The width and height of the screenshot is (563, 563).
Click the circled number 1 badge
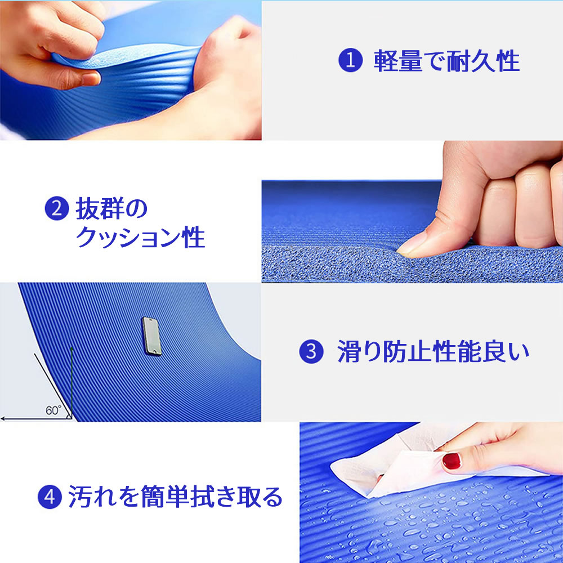coord(350,60)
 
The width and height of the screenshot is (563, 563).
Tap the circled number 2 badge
coord(57,208)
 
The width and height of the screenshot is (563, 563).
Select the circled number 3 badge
coord(311,351)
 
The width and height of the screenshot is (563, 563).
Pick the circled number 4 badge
coord(50,497)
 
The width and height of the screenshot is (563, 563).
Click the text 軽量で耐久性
coord(446,61)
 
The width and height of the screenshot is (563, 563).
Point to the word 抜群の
coord(111,208)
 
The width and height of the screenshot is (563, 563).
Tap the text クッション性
coord(140,237)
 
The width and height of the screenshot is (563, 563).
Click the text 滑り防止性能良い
coord(434,351)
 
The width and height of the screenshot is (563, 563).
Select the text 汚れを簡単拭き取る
coord(175,497)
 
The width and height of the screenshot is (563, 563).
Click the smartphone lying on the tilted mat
coord(152,337)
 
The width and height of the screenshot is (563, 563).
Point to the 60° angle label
coord(53,410)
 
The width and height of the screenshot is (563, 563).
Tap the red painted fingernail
coord(452,462)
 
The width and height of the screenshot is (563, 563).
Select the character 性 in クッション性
coord(194,237)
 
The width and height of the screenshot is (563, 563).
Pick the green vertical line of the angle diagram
coord(72,382)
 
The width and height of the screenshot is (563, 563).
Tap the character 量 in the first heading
coord(410,61)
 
